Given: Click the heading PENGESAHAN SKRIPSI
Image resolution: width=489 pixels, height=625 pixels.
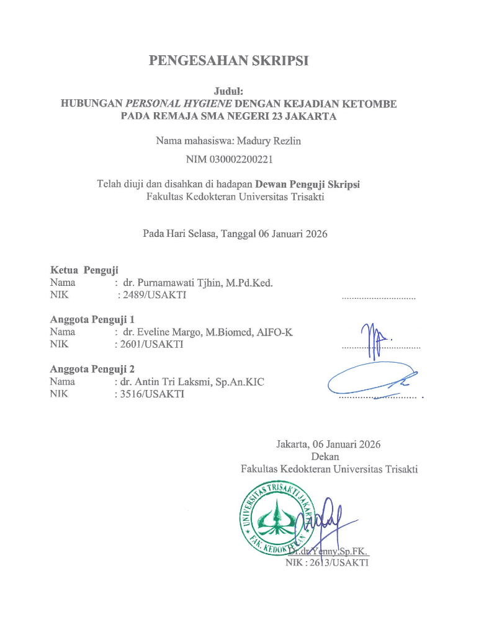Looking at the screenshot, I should tap(229, 61).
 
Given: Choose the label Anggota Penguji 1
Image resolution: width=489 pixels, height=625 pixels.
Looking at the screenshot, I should tap(92, 320).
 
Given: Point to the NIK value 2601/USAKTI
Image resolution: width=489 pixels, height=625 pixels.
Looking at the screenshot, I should tap(153, 345).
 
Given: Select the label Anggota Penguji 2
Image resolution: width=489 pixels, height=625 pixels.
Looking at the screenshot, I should tap(92, 370).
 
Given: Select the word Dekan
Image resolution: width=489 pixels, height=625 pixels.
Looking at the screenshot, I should tap(329, 456).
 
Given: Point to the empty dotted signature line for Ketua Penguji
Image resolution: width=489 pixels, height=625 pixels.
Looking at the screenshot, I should tap(379, 299).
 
